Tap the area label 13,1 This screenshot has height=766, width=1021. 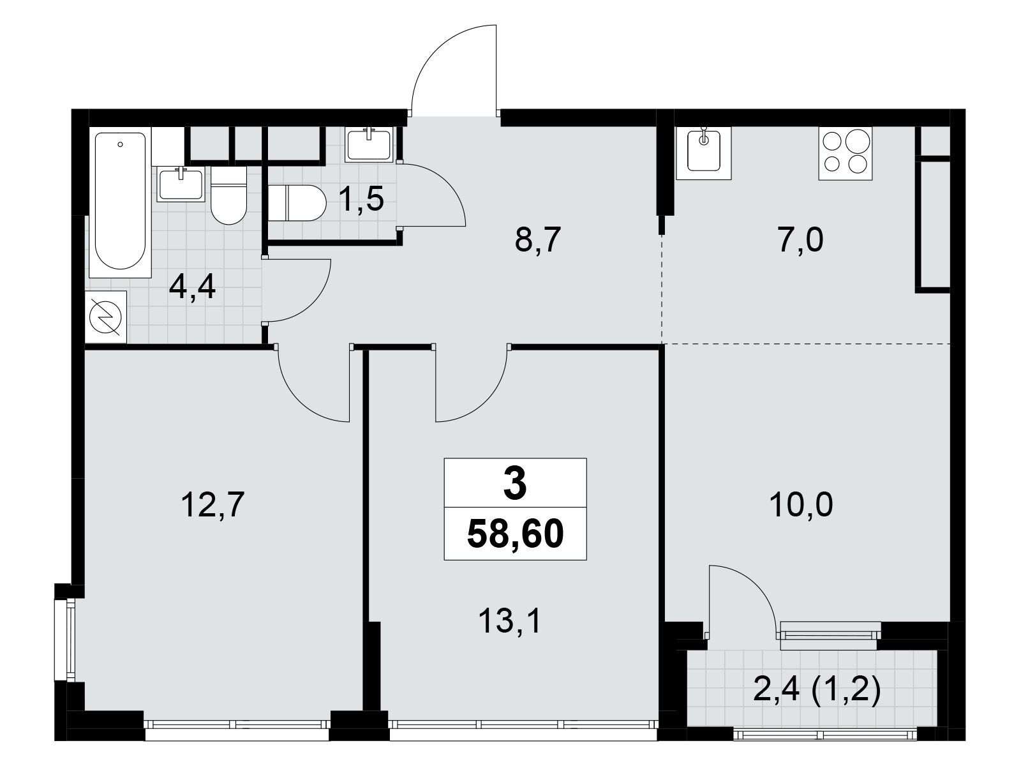[x=510, y=620]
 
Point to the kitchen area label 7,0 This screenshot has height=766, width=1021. [x=801, y=241]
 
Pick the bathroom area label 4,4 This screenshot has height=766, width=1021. [x=192, y=288]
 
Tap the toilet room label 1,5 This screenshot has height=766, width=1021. [x=361, y=200]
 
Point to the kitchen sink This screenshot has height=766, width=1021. [x=704, y=152]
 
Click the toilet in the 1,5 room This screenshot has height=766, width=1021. [x=297, y=203]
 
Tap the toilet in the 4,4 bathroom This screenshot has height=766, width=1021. [x=228, y=195]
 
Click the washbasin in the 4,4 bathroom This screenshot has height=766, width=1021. [x=181, y=184]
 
